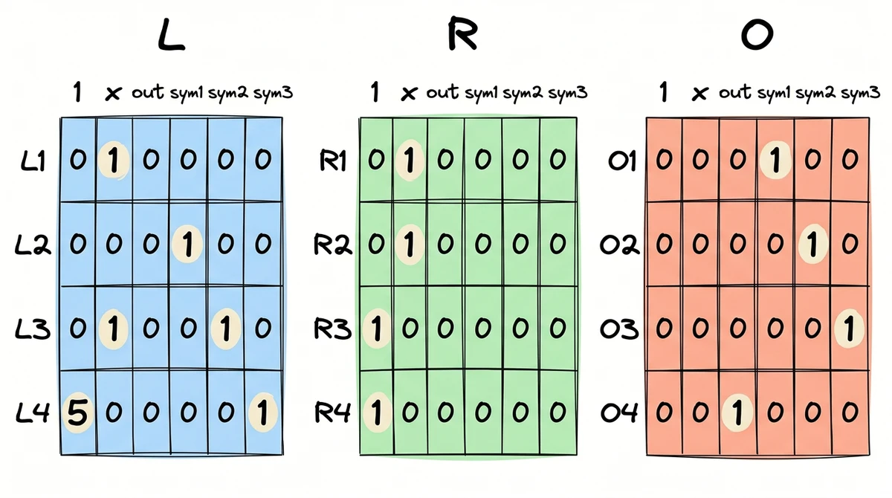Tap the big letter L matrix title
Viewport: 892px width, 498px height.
[x=171, y=37]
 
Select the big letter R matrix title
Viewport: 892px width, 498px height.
[x=461, y=37]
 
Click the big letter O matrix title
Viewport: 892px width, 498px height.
[x=757, y=36]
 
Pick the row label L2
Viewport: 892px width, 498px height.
[x=33, y=245]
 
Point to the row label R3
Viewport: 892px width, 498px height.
[x=332, y=329]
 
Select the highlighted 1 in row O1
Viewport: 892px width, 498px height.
[x=775, y=160]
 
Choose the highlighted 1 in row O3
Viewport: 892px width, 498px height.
[x=850, y=329]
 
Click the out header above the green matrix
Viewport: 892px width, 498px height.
[x=443, y=93]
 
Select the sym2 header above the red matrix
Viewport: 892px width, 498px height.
[x=815, y=93]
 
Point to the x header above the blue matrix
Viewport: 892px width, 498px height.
[x=113, y=94]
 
